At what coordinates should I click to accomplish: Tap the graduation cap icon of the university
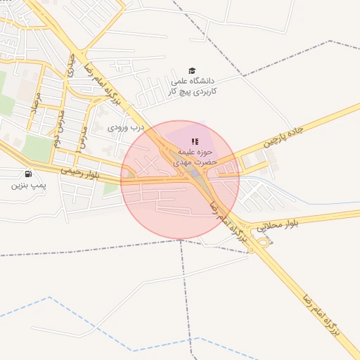[x=192, y=70]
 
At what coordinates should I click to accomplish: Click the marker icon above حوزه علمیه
[x=195, y=141]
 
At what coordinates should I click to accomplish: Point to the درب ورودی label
[x=126, y=128]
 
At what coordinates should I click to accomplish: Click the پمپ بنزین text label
[x=27, y=186]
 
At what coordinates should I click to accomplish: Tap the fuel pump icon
[x=27, y=174]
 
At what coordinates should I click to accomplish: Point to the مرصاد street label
[x=34, y=106]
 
